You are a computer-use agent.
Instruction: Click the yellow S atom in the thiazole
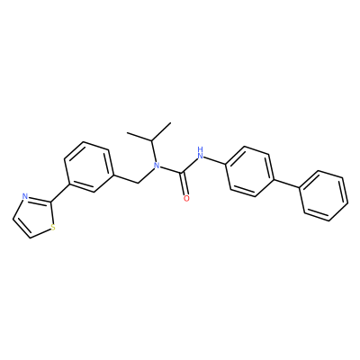pyautogui.click(x=53, y=228)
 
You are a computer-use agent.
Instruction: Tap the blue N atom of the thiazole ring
pyautogui.click(x=25, y=197)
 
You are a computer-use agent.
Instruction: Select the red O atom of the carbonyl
pyautogui.click(x=186, y=198)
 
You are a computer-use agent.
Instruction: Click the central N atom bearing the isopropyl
pyautogui.click(x=156, y=165)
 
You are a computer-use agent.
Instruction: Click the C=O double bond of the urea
pyautogui.click(x=184, y=185)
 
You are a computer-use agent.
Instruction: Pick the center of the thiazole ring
pyautogui.click(x=34, y=216)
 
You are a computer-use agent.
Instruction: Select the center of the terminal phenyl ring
pyautogui.click(x=324, y=196)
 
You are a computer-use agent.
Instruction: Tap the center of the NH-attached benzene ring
pyautogui.click(x=251, y=172)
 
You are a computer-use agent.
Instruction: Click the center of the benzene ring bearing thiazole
pyautogui.click(x=89, y=167)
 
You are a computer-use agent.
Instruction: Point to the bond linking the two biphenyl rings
pyautogui.click(x=288, y=184)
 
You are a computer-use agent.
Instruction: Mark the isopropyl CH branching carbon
pyautogui.click(x=152, y=140)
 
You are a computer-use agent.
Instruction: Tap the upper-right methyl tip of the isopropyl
pyautogui.click(x=170, y=122)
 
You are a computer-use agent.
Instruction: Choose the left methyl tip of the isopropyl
pyautogui.click(x=127, y=132)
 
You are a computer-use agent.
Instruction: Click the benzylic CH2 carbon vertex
pyautogui.click(x=138, y=182)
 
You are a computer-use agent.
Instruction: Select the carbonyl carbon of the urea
pyautogui.click(x=181, y=173)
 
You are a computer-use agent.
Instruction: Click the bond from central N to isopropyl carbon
pyautogui.click(x=153, y=150)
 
